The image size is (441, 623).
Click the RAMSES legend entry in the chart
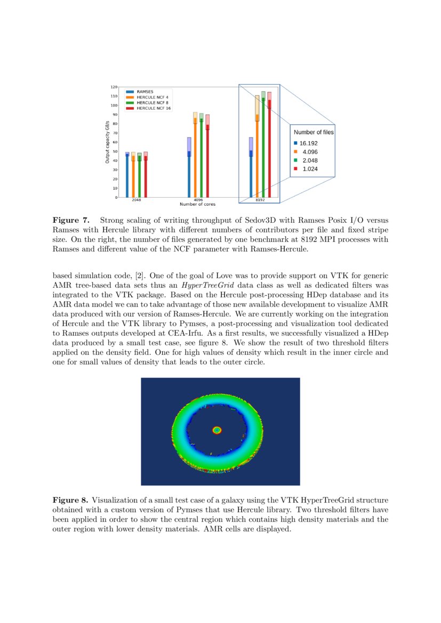click(x=145, y=92)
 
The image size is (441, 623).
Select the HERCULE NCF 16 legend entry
click(x=154, y=108)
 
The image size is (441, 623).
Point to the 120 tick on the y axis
click(x=114, y=87)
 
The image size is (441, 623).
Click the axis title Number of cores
click(x=198, y=204)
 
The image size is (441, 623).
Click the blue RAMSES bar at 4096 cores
click(x=189, y=176)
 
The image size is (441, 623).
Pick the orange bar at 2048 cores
click(x=133, y=179)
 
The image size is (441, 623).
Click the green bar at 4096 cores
click(x=201, y=160)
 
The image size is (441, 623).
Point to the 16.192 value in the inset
click(x=309, y=143)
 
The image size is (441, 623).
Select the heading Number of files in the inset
click(x=314, y=132)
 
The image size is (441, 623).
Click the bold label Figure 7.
click(x=70, y=220)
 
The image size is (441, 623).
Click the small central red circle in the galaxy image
click(x=217, y=430)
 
